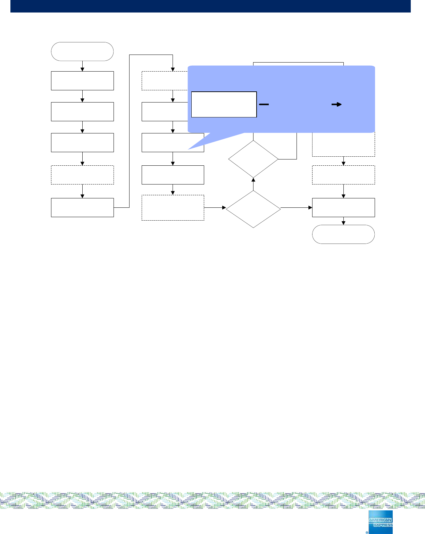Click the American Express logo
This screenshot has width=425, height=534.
pyautogui.click(x=381, y=522)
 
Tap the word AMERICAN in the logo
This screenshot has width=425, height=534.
pyautogui.click(x=380, y=520)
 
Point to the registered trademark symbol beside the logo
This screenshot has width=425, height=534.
pyautogui.click(x=367, y=532)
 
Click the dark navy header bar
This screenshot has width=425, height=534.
pyautogui.click(x=210, y=6)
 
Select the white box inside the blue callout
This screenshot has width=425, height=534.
pyautogui.click(x=224, y=105)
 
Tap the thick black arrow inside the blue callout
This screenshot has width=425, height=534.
pyautogui.click(x=336, y=104)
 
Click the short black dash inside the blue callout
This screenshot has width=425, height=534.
pyautogui.click(x=264, y=104)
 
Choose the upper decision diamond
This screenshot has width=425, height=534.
pyautogui.click(x=253, y=159)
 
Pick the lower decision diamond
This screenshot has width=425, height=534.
pyautogui.click(x=253, y=209)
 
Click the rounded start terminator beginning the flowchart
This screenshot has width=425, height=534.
pyautogui.click(x=82, y=51)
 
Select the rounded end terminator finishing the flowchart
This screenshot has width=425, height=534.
pyautogui.click(x=343, y=234)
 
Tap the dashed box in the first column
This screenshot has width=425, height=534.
pyautogui.click(x=82, y=175)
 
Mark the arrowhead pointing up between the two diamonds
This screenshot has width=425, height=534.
pyautogui.click(x=253, y=180)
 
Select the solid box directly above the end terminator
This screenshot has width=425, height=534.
pyautogui.click(x=343, y=207)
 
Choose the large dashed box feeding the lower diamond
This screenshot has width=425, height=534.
pyautogui.click(x=173, y=208)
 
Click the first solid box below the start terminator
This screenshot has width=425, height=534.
pyautogui.click(x=82, y=81)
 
